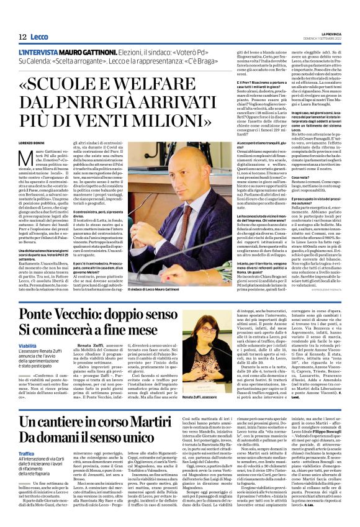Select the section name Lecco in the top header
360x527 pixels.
point(39,37)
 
